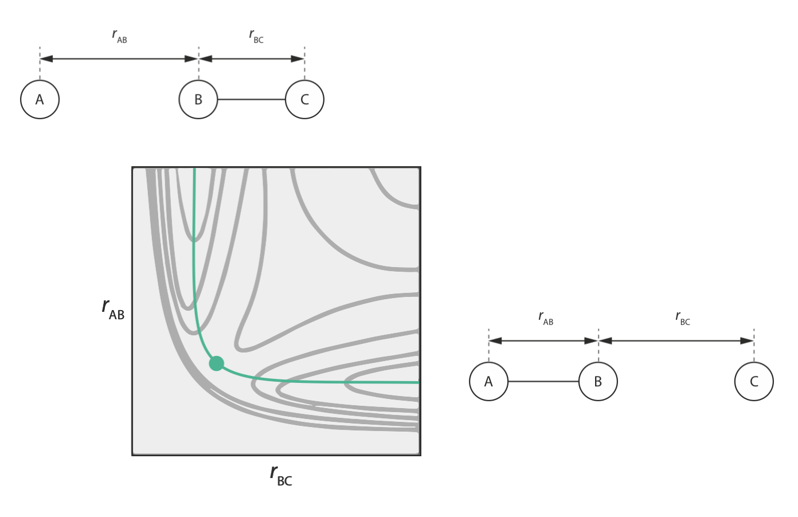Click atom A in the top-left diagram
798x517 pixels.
[40, 100]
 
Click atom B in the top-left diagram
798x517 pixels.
[198, 100]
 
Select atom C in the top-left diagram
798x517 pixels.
[304, 100]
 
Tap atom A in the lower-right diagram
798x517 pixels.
[488, 382]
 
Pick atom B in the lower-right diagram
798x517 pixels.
[598, 382]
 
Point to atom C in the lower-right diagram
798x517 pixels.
[754, 382]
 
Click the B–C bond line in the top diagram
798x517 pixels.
[251, 100]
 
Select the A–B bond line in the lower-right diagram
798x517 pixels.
[543, 382]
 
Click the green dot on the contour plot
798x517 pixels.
[216, 363]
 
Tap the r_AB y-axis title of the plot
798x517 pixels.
[113, 308]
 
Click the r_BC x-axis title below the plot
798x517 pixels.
[281, 475]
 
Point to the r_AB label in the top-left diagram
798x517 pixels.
[119, 36]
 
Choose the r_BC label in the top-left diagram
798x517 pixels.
[256, 36]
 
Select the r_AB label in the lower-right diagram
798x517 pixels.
[546, 318]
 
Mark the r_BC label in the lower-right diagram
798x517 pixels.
[683, 318]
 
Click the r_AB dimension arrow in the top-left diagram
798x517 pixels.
[119, 58]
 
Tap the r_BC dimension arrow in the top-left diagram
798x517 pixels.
[251, 58]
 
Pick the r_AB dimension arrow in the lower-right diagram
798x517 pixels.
[543, 340]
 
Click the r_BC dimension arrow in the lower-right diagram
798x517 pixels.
[676, 340]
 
